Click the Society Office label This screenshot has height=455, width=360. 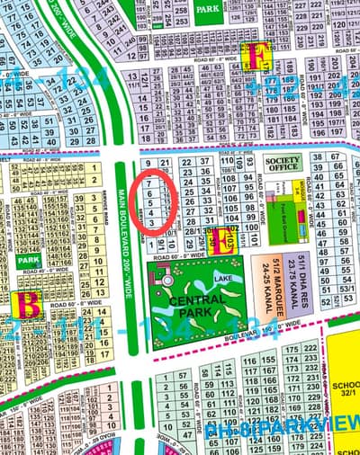pyautogui.click(x=283, y=163)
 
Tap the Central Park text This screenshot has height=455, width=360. pyautogui.click(x=191, y=305)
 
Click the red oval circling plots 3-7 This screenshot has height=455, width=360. pyautogui.click(x=153, y=201)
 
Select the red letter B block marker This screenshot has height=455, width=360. pyautogui.click(x=30, y=306)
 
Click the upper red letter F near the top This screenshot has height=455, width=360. pyautogui.click(x=258, y=56)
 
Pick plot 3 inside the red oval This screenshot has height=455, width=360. pyautogui.click(x=151, y=221)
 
